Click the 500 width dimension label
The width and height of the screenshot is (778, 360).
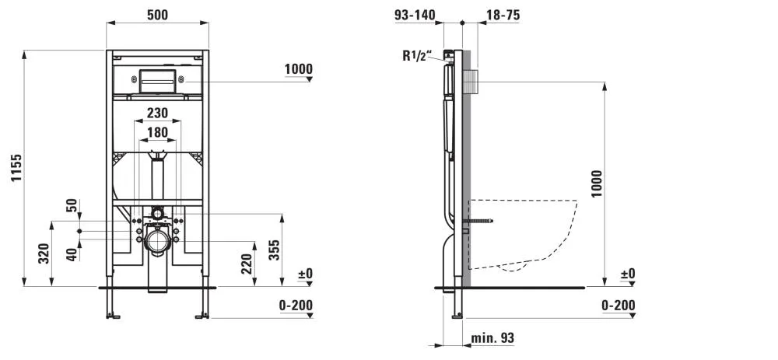click(x=157, y=15)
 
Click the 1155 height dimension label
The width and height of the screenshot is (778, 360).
click(x=17, y=168)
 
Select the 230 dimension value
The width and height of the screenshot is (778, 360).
click(x=157, y=113)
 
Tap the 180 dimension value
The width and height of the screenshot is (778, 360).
click(x=157, y=132)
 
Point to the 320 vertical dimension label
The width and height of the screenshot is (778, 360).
click(x=44, y=253)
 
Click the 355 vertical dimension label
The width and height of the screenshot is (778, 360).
click(x=274, y=250)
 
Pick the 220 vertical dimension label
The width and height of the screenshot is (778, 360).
click(x=247, y=264)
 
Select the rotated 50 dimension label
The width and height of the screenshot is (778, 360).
click(x=72, y=206)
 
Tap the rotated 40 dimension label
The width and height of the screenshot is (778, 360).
click(x=72, y=254)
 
